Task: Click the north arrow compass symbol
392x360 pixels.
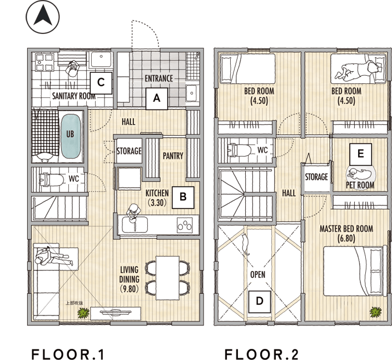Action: point(43,17)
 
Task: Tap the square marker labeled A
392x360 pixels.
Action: point(157,98)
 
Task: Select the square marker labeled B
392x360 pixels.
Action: point(183,198)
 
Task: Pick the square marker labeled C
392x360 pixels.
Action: point(101,83)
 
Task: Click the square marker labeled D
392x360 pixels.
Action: point(260,302)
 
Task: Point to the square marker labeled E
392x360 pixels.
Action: point(360,154)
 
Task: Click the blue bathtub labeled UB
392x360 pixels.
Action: point(71,136)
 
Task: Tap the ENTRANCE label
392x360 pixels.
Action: point(159,78)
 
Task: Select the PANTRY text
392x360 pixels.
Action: point(173,156)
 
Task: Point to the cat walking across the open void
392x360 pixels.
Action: point(245,244)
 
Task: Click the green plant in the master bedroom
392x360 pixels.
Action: point(376,312)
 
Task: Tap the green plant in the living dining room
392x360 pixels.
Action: point(83,313)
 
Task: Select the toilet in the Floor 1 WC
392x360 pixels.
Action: point(51,180)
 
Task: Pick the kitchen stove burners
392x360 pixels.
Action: point(185,225)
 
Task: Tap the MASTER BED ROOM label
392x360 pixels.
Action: point(346,229)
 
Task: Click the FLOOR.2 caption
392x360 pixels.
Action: point(261,354)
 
